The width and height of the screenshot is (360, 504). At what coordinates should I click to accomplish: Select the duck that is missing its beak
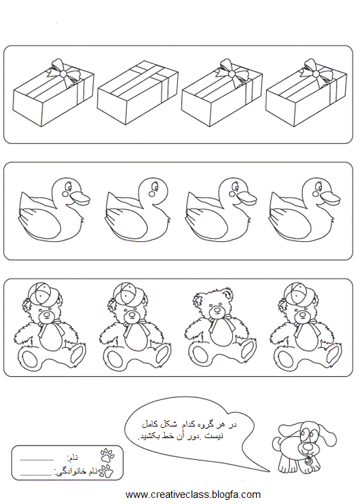click(138, 210)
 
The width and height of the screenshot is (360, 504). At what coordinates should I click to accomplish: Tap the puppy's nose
click(308, 446)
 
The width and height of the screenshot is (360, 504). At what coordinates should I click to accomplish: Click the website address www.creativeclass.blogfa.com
click(193, 494)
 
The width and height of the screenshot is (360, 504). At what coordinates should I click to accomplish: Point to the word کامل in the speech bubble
click(150, 424)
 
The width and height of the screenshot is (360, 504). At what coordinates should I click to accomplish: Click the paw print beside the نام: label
click(107, 455)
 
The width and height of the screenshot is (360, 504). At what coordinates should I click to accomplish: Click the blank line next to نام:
click(37, 461)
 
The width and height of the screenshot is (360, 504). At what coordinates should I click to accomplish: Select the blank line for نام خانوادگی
click(35, 474)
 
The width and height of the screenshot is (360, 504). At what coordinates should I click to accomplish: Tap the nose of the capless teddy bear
click(217, 310)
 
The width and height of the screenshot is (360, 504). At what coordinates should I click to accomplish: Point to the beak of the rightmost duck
click(330, 198)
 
